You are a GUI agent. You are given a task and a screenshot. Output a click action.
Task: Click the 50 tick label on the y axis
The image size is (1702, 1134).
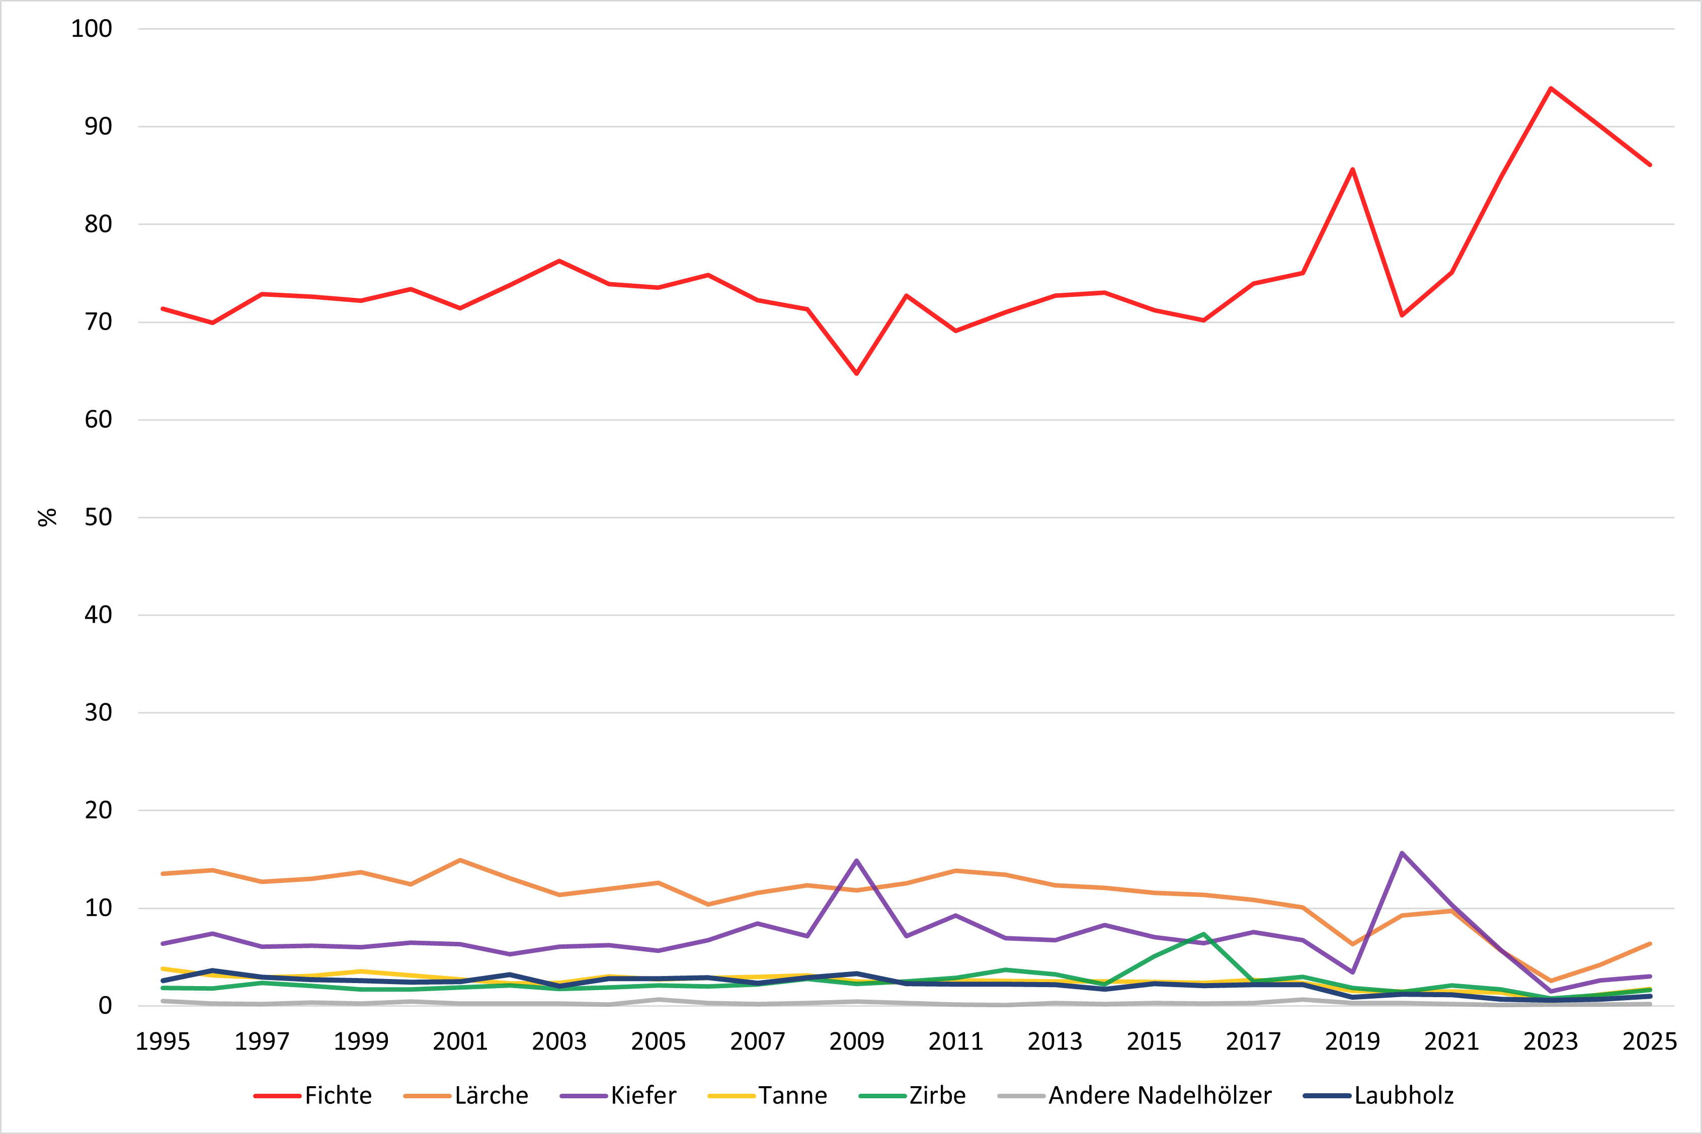pos(98,517)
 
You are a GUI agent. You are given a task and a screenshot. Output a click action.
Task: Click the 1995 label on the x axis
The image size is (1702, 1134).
pos(163,1041)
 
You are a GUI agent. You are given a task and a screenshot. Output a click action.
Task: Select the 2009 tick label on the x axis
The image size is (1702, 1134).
pos(857,1041)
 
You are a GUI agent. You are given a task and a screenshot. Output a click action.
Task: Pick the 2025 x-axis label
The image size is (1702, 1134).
pos(1649,1041)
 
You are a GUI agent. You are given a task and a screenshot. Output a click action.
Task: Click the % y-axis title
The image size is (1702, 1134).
pos(47,517)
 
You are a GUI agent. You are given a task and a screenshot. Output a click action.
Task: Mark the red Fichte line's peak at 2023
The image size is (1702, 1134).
pos(1551,88)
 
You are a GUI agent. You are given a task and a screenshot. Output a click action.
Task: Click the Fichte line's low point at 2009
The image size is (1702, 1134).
pos(857,374)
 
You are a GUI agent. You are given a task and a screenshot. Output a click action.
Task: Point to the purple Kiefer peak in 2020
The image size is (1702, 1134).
pos(1402,853)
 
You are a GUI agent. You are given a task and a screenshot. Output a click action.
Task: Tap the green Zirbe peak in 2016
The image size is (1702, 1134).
pos(1204,934)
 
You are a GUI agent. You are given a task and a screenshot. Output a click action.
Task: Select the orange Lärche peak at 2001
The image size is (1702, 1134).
pos(460,860)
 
